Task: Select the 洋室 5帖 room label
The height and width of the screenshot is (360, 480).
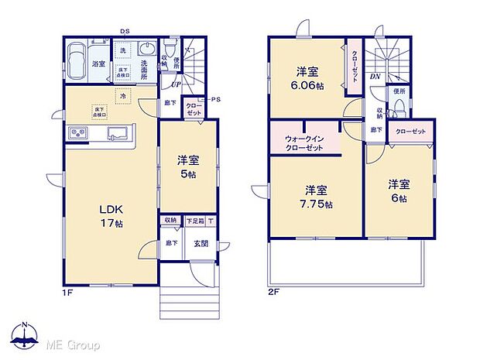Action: click(x=188, y=167)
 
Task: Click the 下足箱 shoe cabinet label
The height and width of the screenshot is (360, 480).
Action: click(x=194, y=221)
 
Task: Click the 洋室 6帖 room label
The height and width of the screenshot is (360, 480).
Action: click(x=399, y=190)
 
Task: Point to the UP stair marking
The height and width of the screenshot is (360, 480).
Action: click(x=177, y=84)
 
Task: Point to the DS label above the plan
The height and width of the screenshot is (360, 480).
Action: click(x=125, y=31)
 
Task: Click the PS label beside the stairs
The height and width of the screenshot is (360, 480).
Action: click(x=215, y=99)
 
